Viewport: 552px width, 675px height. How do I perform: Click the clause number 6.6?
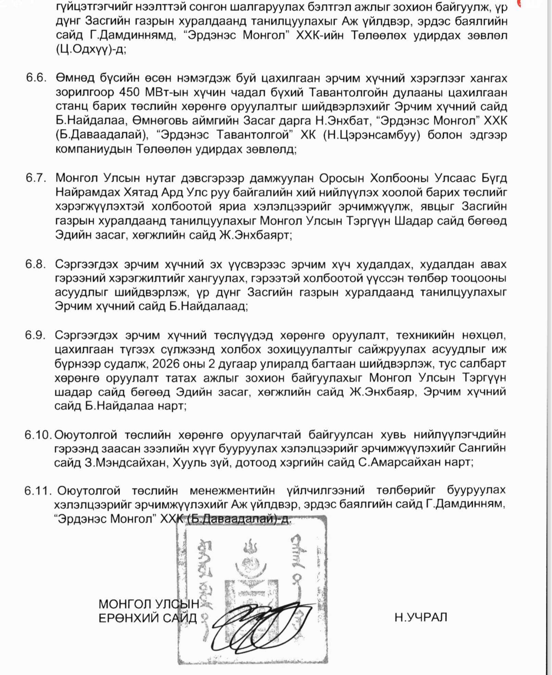(36, 78)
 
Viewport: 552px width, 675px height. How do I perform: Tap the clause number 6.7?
(36, 178)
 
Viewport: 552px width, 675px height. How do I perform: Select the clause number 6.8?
(35, 264)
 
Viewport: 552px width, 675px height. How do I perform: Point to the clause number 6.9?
(35, 335)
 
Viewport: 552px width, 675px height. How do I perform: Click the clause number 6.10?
(37, 435)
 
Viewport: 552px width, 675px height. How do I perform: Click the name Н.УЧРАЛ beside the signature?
(421, 617)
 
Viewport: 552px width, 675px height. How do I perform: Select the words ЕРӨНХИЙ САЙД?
(148, 618)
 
